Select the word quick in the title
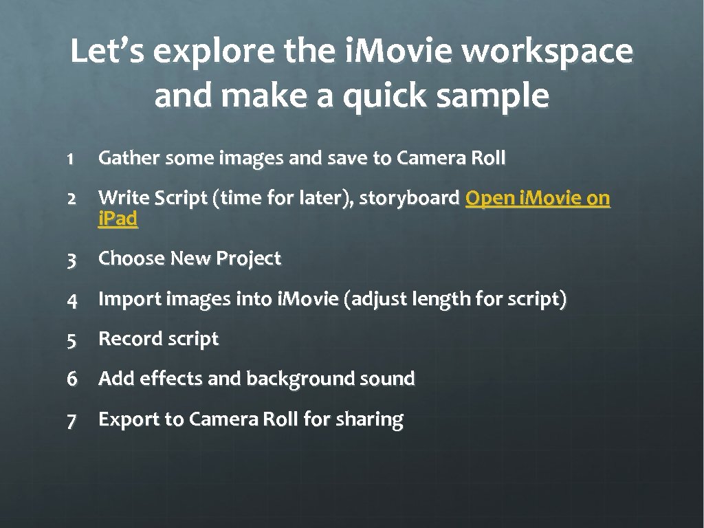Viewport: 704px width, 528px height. coord(385,97)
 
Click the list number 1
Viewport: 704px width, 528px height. coord(70,159)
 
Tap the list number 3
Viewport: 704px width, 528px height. coord(71,260)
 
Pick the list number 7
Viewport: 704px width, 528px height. coord(71,420)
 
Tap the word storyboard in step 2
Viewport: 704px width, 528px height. coord(410,199)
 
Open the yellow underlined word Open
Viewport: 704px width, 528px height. coord(489,199)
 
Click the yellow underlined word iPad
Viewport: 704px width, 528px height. coord(118,219)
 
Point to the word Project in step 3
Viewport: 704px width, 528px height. coord(248,259)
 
